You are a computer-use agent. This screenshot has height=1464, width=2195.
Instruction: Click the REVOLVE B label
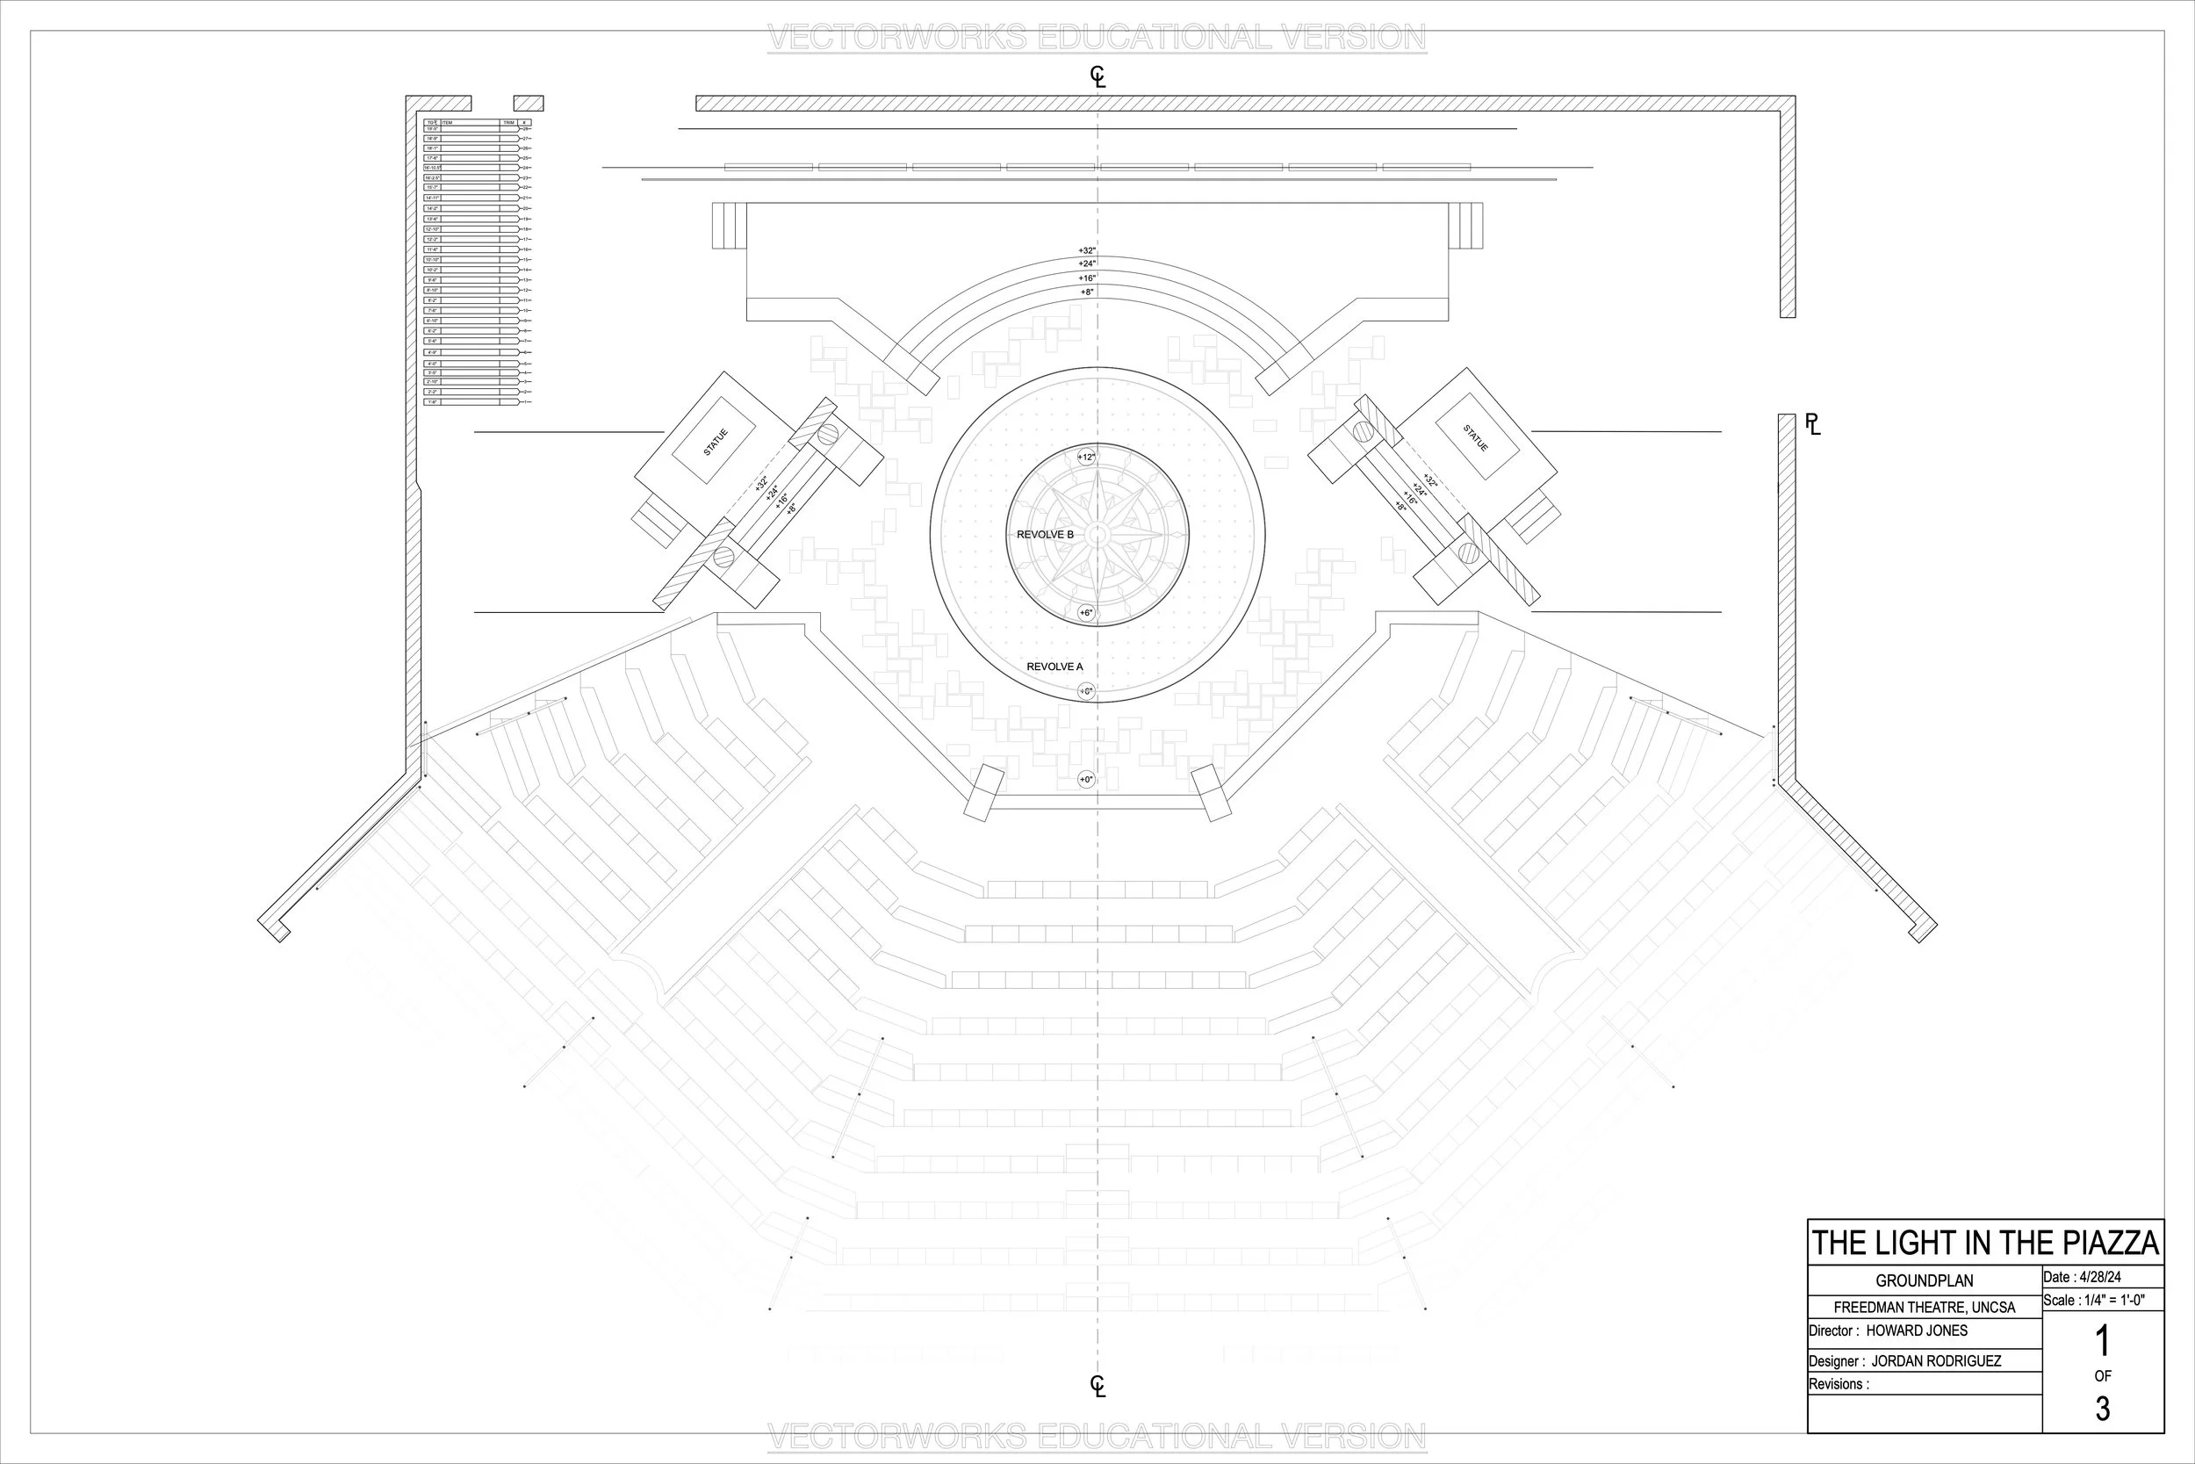(1044, 534)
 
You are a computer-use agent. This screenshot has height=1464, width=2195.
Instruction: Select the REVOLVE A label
(1054, 667)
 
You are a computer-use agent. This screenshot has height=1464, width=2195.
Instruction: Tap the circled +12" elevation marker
(1086, 457)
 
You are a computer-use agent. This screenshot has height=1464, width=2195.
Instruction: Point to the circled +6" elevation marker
(1086, 612)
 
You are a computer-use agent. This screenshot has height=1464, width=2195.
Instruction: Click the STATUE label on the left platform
(715, 442)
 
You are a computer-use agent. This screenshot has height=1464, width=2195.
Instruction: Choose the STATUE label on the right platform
(1475, 437)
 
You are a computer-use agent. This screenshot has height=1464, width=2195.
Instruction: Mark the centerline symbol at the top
(1097, 76)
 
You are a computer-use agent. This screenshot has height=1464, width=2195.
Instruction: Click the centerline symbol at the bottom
(1097, 1387)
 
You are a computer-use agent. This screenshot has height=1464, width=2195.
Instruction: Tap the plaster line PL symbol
(1812, 425)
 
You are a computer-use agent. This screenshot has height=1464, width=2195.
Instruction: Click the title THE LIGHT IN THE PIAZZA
(1985, 1243)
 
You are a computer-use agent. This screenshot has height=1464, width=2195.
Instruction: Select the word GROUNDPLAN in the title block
(1925, 1281)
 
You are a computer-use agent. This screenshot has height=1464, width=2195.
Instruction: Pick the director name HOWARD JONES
(1917, 1331)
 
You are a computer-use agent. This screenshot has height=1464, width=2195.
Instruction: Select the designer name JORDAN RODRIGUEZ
(1936, 1361)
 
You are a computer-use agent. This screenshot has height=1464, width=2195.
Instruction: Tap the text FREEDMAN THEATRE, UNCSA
(1925, 1307)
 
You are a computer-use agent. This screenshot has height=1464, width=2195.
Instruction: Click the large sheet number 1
(2103, 1343)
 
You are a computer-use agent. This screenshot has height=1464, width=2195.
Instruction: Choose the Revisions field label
(1839, 1384)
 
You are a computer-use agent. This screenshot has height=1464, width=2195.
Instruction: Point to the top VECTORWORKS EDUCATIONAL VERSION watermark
(1097, 39)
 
